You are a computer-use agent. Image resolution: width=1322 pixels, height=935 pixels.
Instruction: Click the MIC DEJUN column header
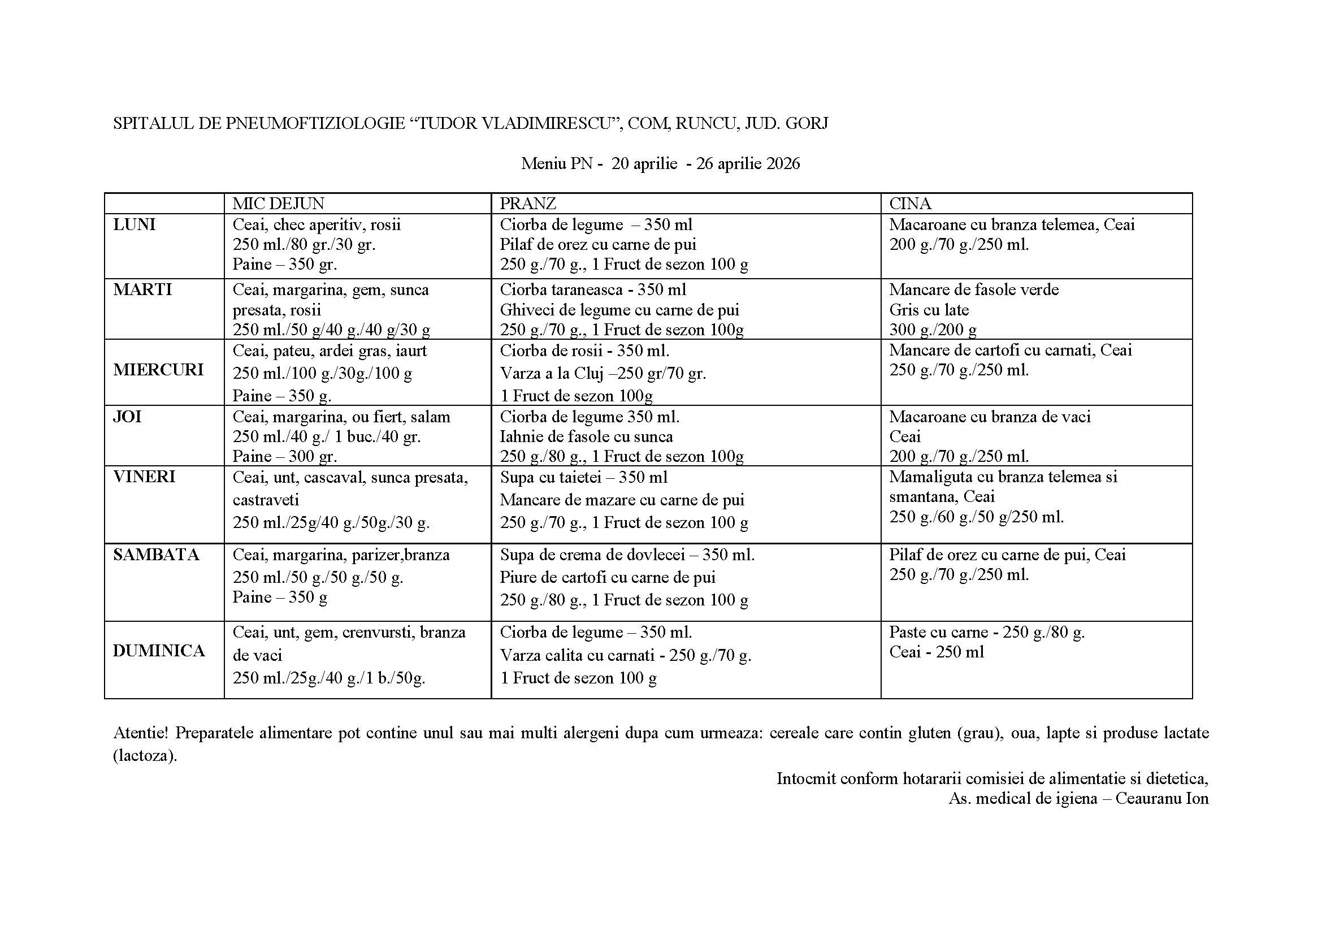pos(278,204)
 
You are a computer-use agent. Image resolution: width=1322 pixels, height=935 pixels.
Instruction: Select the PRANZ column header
pos(527,204)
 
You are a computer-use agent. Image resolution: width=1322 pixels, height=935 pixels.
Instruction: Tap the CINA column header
pos(910,204)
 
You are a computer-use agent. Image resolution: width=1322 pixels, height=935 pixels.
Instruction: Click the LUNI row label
pos(134,224)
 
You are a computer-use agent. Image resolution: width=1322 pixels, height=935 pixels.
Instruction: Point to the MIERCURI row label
pos(158,370)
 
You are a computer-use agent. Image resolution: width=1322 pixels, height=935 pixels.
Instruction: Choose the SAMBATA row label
pos(156,555)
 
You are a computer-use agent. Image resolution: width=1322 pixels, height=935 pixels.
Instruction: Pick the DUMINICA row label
pos(159,651)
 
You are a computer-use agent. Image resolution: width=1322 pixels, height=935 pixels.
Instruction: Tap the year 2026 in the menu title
pos(783,164)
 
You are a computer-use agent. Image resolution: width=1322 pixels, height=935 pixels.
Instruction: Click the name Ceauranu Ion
pos(1162,799)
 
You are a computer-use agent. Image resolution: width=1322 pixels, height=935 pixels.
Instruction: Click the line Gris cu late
pos(929,310)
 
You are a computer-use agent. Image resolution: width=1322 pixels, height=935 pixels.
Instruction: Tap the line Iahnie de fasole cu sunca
pos(586,436)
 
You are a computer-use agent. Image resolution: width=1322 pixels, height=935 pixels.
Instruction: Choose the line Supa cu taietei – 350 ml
pos(583,477)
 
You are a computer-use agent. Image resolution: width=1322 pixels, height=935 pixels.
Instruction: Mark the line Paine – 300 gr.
pos(284,457)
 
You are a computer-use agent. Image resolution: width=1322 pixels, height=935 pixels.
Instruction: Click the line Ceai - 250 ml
pos(936,652)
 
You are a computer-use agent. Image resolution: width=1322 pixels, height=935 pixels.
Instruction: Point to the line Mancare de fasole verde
pos(974,289)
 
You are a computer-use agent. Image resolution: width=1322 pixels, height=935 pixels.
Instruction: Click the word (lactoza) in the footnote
pos(145,755)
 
